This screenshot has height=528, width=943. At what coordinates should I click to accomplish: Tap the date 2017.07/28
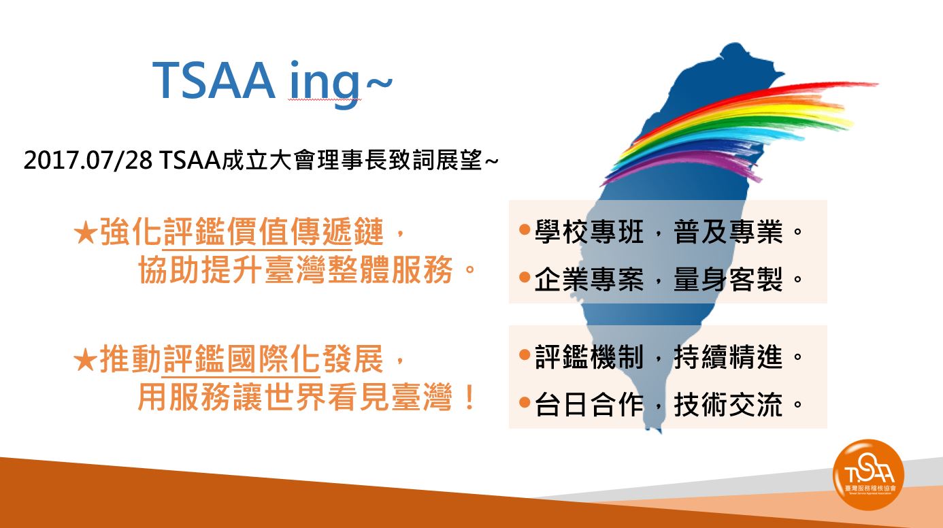tap(88, 161)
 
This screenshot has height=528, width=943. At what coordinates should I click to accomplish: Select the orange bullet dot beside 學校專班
tap(525, 230)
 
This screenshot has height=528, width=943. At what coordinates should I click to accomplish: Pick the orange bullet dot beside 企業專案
tap(525, 277)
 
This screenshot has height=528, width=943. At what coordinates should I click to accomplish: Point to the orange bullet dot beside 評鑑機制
tap(525, 355)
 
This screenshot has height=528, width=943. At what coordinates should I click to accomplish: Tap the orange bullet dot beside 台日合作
tap(525, 403)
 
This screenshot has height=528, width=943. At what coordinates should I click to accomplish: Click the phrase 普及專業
tap(728, 231)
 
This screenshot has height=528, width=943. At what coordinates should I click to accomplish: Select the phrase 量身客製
tap(728, 279)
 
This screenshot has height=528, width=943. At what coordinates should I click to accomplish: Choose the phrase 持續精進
tap(728, 357)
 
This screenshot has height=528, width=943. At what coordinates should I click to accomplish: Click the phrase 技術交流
tap(728, 405)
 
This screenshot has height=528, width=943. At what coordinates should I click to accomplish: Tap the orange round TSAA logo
tap(868, 474)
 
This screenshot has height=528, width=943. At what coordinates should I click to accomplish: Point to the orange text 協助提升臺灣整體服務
tap(295, 269)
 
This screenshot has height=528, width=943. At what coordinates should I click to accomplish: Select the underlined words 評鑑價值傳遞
tap(257, 232)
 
